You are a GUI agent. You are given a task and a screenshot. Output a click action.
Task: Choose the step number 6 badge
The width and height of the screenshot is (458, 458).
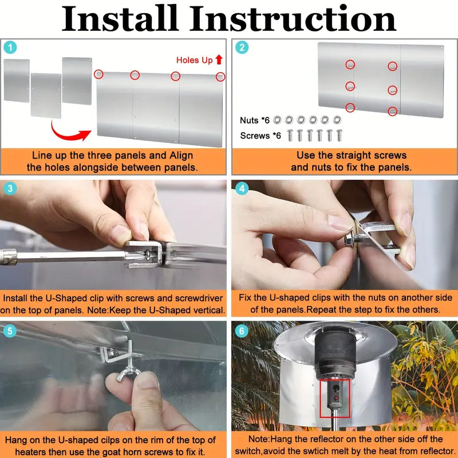[x=243, y=331]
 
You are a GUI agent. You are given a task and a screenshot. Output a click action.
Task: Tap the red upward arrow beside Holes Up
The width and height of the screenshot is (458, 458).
[x=219, y=60]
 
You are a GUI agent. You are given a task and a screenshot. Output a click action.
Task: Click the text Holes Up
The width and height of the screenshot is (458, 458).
[x=194, y=60]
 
